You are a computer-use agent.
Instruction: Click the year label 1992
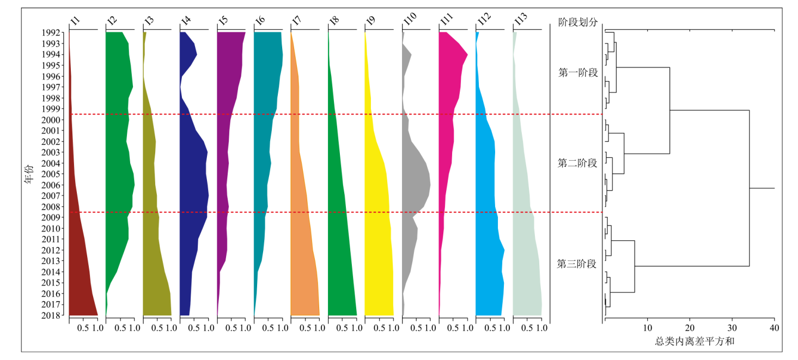[x=54, y=33]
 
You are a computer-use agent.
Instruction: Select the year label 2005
[x=54, y=174]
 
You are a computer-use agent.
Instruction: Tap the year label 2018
[x=54, y=316]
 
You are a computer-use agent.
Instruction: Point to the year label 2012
[x=54, y=251]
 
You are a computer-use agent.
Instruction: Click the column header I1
[x=75, y=21]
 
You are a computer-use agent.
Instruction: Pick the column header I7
[x=297, y=21]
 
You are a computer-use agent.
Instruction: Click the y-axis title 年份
[x=28, y=174]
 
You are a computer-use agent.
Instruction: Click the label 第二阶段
[x=578, y=163]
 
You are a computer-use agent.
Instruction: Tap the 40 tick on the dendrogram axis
[x=774, y=328]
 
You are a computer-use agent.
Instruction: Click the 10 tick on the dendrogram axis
[x=647, y=328]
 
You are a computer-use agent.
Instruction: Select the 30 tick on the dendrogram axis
[x=732, y=328]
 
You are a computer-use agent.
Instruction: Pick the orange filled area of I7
[x=305, y=256]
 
